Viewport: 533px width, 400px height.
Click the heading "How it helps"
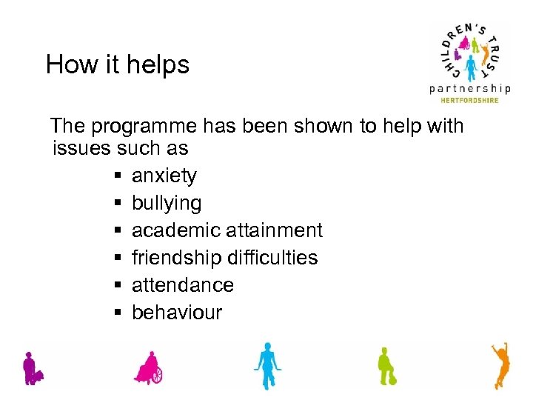[x=117, y=64]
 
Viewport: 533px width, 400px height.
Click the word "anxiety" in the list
[x=164, y=176]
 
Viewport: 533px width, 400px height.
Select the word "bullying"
[x=166, y=203]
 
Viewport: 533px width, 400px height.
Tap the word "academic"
[x=173, y=230]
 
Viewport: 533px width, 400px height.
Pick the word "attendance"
[x=182, y=285]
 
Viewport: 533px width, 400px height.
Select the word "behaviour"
[x=176, y=313]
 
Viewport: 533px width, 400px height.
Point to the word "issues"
[x=81, y=148]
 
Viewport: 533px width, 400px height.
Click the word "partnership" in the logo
[x=470, y=89]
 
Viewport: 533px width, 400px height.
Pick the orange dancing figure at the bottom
[x=501, y=364]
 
